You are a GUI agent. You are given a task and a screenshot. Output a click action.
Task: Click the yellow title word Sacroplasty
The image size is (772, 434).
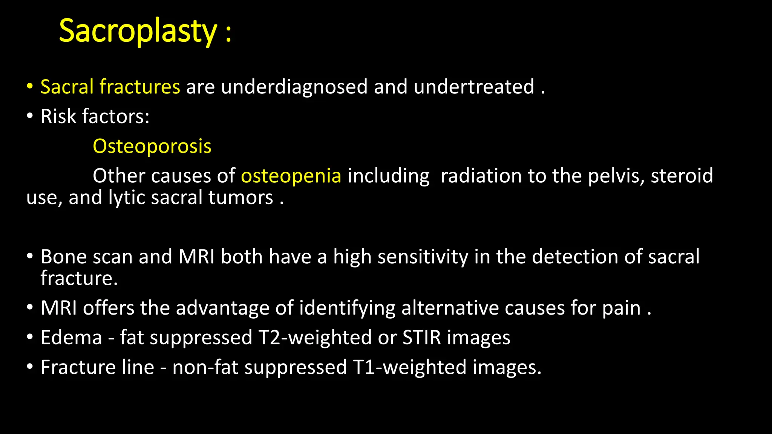coord(138,31)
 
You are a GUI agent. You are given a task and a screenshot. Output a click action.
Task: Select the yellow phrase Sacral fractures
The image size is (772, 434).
coord(110,87)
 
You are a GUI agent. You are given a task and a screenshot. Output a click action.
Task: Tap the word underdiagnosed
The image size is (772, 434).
coord(294,87)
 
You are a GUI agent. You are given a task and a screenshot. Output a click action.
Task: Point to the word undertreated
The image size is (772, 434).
coord(474,87)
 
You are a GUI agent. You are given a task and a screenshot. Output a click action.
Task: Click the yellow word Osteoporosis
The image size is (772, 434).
coord(152,146)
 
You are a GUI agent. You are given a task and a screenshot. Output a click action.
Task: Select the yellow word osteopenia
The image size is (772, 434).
coord(291,176)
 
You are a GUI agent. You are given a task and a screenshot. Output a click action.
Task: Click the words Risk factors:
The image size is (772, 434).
coord(95,116)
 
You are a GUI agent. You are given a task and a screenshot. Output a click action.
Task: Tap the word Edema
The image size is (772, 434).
coord(71,337)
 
